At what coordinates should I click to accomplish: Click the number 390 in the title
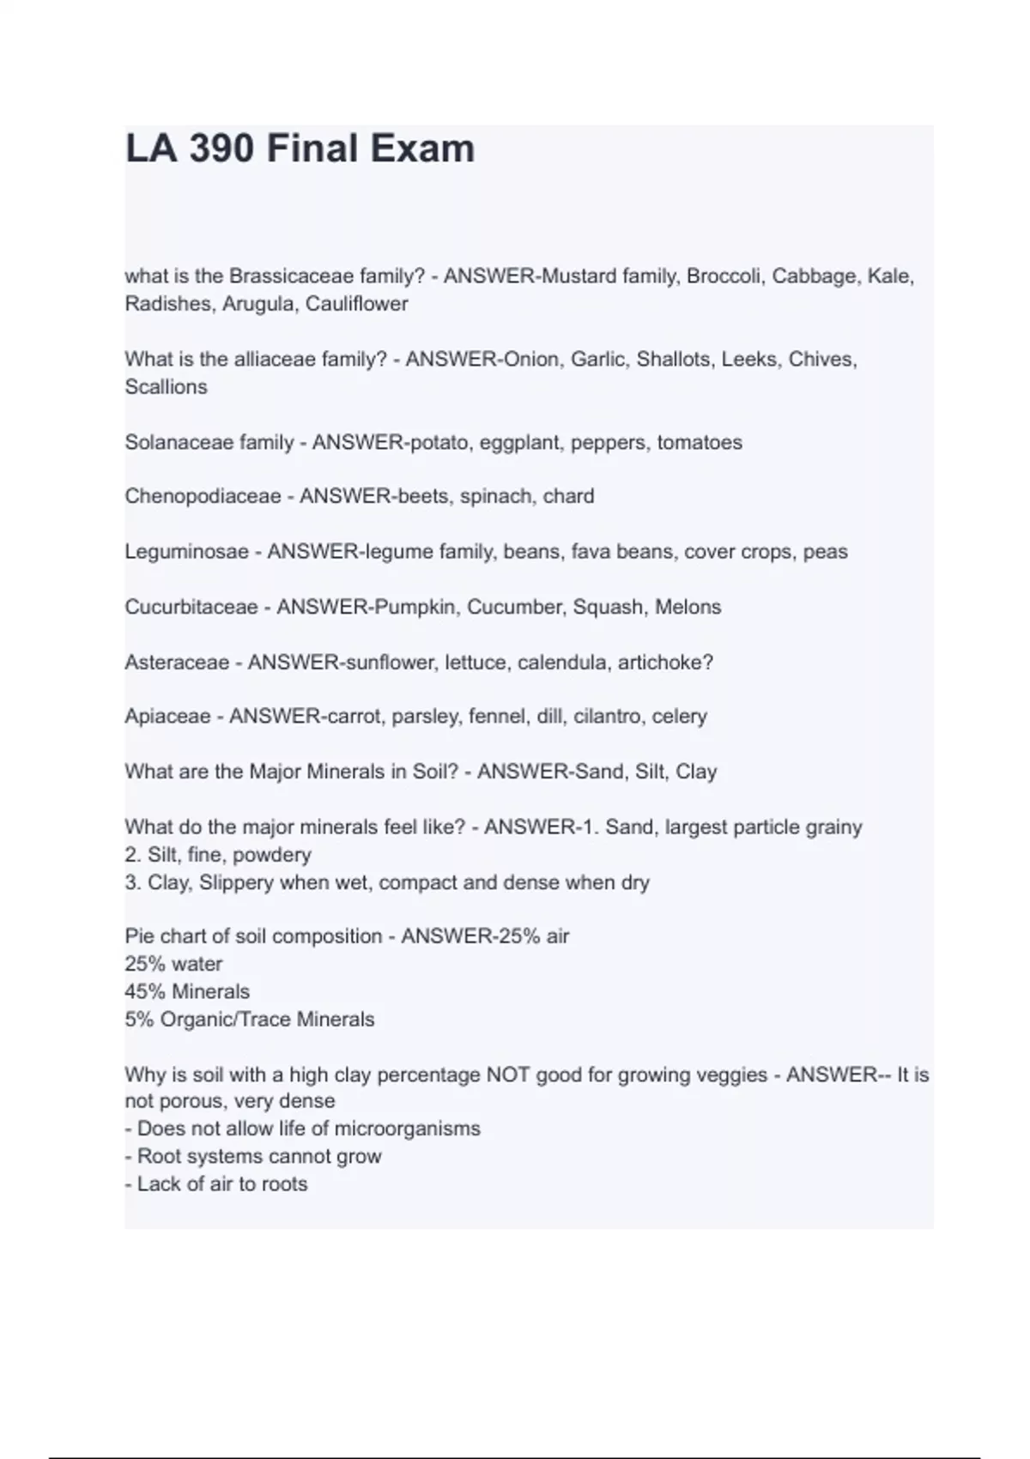pos(221,148)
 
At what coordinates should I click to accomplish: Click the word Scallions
pos(166,387)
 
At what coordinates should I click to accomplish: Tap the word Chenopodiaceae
pos(203,497)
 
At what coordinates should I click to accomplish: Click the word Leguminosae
pos(186,552)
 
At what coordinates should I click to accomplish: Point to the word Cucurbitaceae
pos(191,608)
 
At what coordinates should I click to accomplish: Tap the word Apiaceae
pos(167,717)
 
